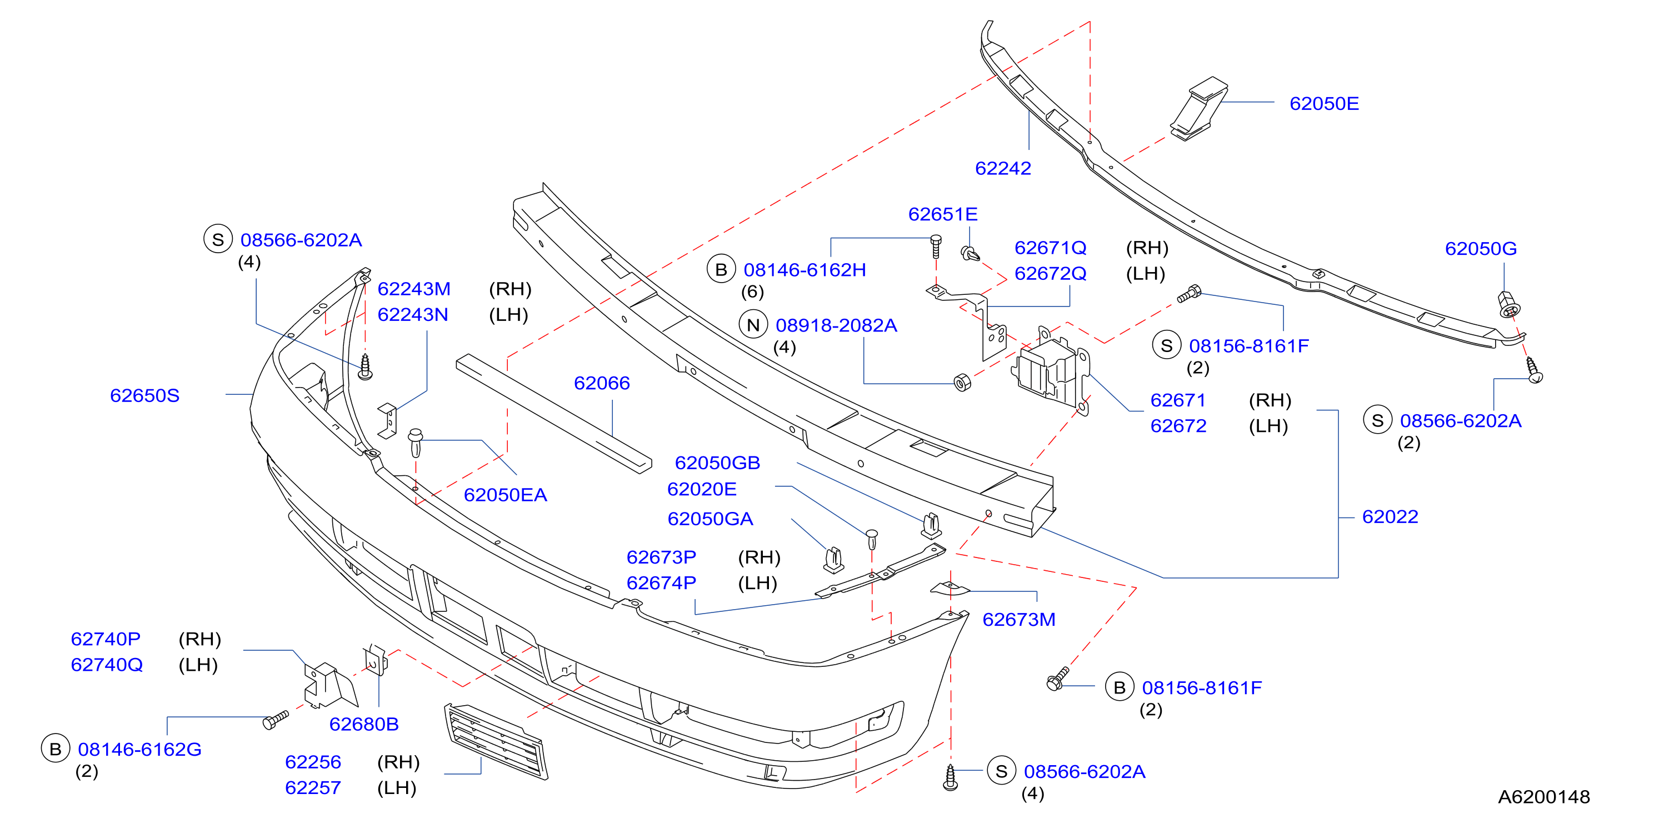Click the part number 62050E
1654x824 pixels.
[x=1324, y=103]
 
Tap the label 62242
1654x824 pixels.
[x=1003, y=168]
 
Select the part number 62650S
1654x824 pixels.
[x=144, y=395]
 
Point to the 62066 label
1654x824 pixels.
[x=602, y=383]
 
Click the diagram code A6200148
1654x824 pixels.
[x=1543, y=796]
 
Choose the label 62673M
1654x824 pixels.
[x=1019, y=619]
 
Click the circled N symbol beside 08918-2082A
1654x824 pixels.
[x=753, y=325]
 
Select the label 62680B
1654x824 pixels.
[x=364, y=724]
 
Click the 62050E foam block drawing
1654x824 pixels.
[x=1198, y=109]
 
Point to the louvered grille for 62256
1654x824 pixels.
[x=496, y=742]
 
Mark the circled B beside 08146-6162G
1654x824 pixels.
[x=55, y=749]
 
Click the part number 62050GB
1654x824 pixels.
[x=717, y=463]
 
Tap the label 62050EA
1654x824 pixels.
[x=506, y=495]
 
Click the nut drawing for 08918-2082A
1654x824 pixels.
[x=962, y=383]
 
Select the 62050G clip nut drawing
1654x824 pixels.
[x=1508, y=304]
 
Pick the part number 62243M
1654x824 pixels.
[x=413, y=289]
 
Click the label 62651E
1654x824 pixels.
[x=943, y=214]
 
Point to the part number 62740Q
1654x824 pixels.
[x=107, y=664]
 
